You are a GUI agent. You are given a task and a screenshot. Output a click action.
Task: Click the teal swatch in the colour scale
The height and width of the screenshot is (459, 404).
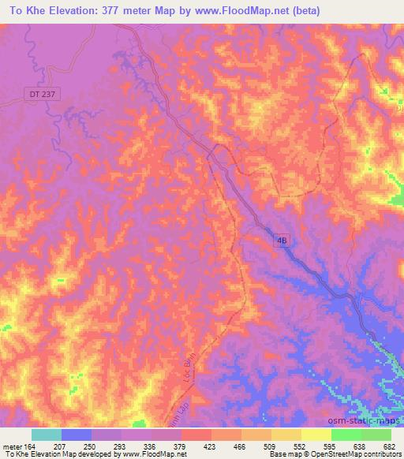47,435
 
